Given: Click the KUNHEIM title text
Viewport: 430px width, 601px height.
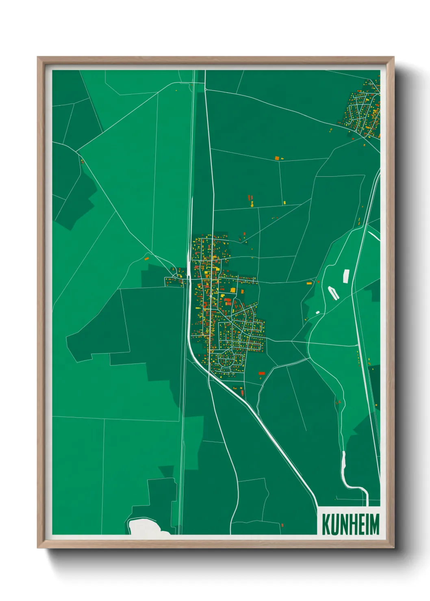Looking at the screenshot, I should pos(350,524).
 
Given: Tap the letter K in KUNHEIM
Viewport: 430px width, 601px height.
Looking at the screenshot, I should pos(326,524).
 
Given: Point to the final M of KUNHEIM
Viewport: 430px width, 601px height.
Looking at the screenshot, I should pos(375,524).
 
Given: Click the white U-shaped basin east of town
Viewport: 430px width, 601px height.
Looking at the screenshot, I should pos(333,293).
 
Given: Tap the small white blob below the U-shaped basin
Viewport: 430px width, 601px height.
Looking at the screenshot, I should pos(317,312).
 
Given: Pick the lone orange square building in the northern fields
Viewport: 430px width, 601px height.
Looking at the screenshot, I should pos(277,158).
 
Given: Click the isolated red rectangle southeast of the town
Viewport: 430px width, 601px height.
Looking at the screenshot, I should pos(262,373).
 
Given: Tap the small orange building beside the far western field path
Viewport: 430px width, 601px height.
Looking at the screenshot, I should pos(147,257).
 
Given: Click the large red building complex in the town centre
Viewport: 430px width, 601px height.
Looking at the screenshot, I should pos(228,301).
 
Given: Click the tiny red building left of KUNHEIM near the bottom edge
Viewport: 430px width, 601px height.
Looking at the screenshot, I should pos(282,525).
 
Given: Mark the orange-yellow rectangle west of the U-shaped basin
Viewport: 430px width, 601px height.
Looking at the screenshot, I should pos(309,283).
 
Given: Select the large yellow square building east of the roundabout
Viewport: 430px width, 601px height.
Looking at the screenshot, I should pos(233,290).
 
